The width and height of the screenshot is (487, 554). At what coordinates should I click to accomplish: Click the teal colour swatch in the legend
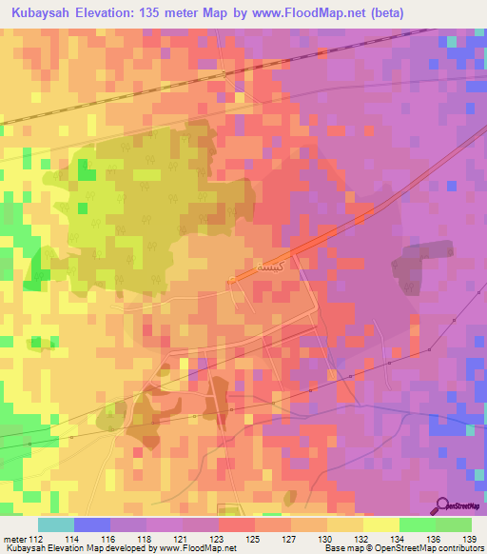click(x=56, y=524)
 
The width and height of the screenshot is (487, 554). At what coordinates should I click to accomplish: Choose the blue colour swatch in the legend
click(x=92, y=524)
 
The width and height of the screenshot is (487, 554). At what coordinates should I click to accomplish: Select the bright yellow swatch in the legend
click(x=381, y=524)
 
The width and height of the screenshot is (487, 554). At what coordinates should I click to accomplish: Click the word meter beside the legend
click(x=13, y=539)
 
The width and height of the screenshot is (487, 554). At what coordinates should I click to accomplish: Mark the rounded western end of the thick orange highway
click(x=233, y=279)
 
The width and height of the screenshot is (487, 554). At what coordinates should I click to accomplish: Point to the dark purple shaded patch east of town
click(x=419, y=252)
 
